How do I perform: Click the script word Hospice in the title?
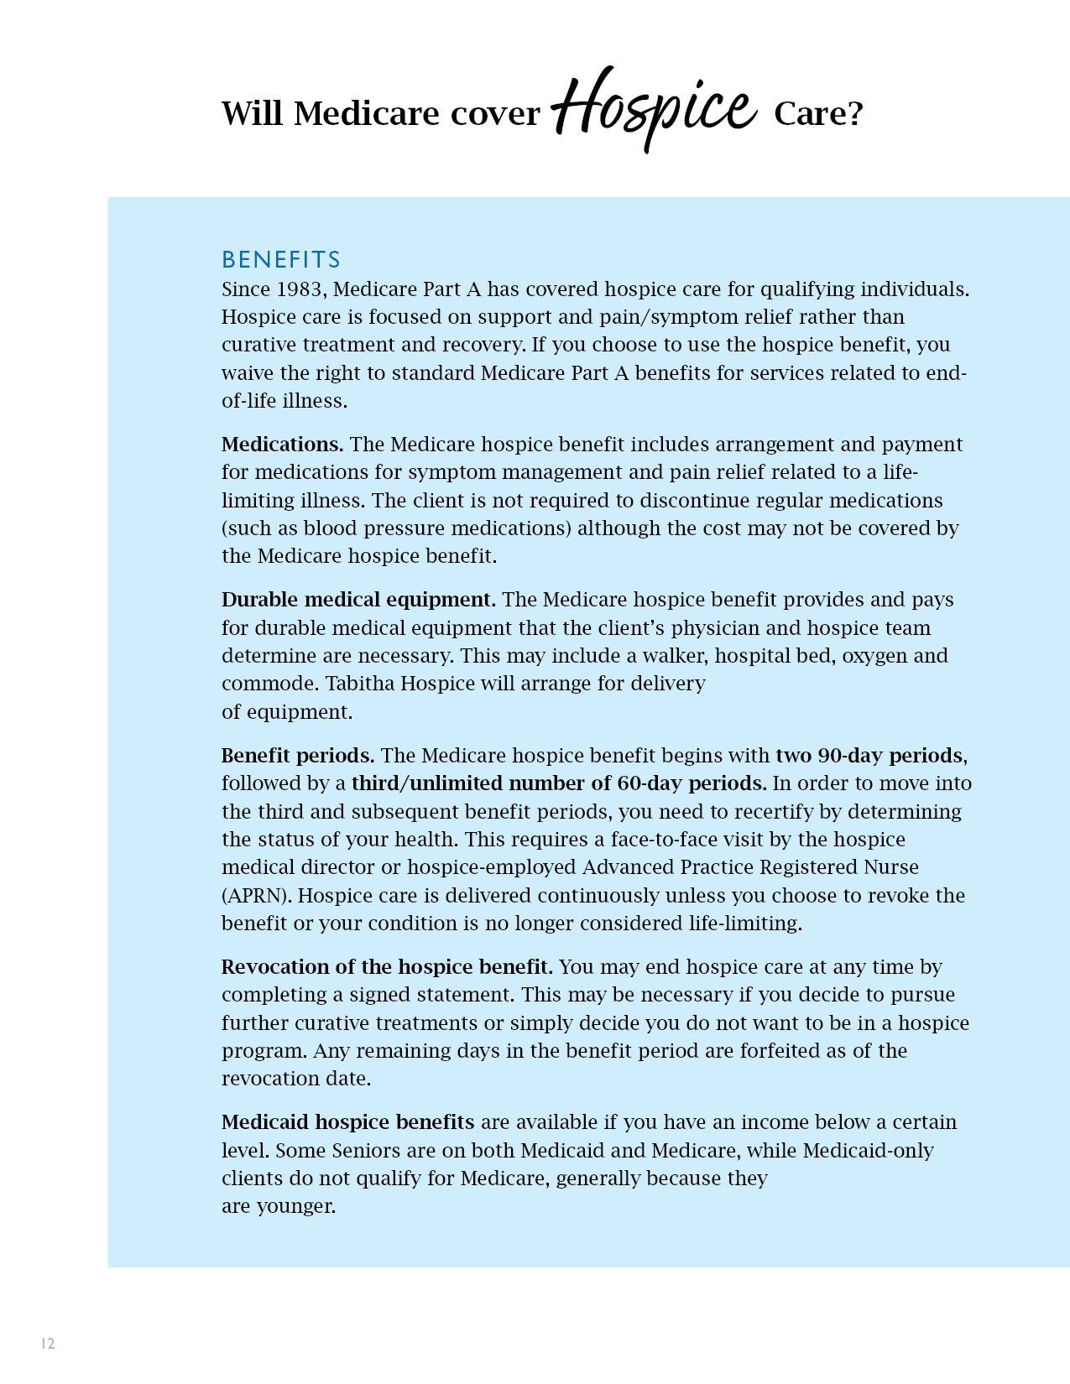[655, 107]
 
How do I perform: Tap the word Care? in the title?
[817, 113]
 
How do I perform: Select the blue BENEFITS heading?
[281, 259]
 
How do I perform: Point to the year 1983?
[300, 289]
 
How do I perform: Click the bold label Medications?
[282, 445]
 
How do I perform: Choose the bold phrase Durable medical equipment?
[358, 600]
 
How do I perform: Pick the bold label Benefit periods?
[298, 756]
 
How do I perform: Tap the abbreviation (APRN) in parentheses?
[257, 896]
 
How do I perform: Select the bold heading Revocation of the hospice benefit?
[387, 967]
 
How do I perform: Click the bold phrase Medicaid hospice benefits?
[347, 1122]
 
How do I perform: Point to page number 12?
[48, 1344]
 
